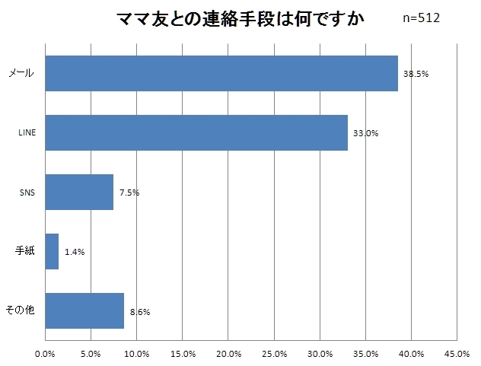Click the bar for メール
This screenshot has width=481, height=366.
221,74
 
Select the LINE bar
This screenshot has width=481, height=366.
196,133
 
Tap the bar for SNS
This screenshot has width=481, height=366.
79,193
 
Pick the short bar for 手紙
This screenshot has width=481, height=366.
52,251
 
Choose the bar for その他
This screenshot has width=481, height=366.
84,310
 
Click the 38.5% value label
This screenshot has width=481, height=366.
416,75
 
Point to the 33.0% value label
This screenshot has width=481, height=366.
365,133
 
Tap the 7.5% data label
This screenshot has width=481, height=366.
129,193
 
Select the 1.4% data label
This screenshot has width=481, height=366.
75,252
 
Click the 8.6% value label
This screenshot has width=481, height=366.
139,311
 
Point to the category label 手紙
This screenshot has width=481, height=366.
26,251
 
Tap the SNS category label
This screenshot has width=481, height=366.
27,193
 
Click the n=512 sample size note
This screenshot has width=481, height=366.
421,18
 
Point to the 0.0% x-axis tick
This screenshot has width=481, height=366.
46,353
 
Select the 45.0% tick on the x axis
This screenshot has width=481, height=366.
456,353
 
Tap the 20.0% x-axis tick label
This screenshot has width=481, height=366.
228,353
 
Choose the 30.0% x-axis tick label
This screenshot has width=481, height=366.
320,353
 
